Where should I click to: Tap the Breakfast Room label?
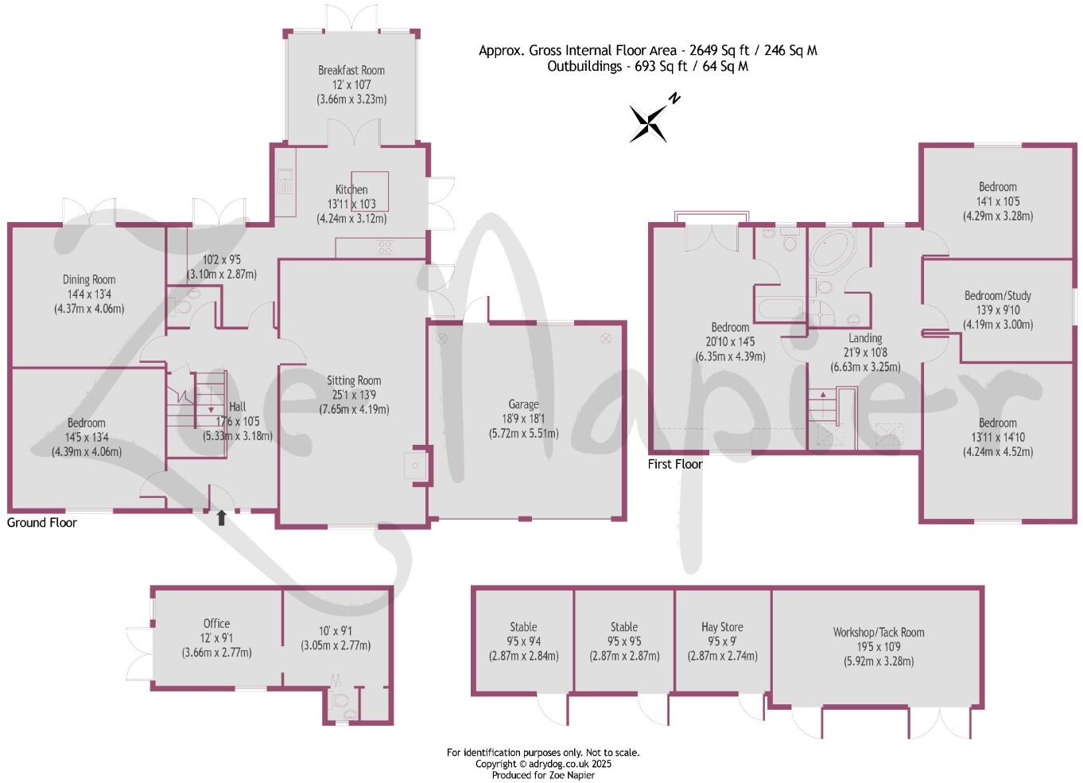351,70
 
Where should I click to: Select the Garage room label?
523,404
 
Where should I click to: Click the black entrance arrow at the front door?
221,518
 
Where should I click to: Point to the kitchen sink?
285,181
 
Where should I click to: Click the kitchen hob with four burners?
385,247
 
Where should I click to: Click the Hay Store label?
722,627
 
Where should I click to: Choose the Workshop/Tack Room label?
879,633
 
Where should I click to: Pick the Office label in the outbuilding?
216,624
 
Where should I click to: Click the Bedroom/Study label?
998,295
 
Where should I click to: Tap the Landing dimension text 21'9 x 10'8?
865,353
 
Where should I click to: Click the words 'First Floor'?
675,464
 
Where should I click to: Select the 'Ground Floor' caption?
42,523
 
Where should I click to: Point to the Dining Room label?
89,279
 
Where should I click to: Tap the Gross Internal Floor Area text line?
647,50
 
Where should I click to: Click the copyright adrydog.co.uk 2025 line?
543,764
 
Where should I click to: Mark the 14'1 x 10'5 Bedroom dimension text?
998,201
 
